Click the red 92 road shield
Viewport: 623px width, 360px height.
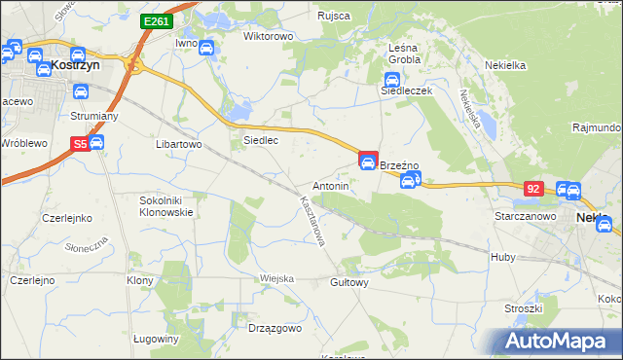tap(532, 187)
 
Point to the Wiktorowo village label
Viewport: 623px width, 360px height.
tap(268, 36)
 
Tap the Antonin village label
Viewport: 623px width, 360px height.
tap(330, 185)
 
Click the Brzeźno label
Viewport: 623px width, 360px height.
tap(398, 166)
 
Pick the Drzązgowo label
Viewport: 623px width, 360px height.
tap(275, 329)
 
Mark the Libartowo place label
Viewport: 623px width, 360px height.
tap(178, 144)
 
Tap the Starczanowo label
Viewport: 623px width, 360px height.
tap(525, 216)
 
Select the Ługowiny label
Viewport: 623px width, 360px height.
tap(156, 339)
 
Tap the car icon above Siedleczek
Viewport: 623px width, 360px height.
tap(392, 80)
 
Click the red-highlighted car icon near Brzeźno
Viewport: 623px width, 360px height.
tap(368, 161)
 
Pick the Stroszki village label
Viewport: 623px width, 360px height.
tap(523, 308)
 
